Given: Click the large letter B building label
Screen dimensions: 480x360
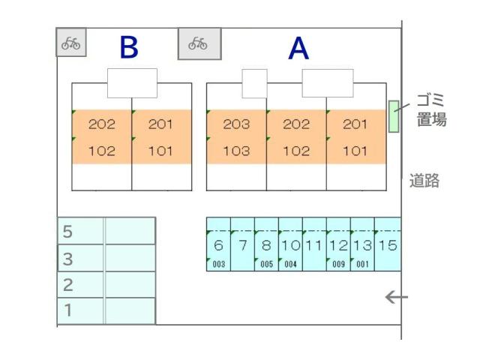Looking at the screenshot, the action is pos(129,47).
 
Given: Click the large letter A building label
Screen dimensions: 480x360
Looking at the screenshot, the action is pos(298,48).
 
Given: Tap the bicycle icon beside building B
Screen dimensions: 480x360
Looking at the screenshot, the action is pos(70,43).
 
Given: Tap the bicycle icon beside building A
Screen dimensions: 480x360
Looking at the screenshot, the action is pos(198,43).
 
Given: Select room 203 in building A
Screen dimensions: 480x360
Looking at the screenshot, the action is pos(236,124).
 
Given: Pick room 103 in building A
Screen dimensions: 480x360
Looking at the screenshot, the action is pos(236,151).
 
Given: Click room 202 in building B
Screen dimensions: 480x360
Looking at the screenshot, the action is pos(102,124).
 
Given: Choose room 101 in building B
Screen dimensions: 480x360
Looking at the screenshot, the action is pos(160,151).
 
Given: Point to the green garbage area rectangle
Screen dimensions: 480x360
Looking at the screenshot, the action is pos(394,116).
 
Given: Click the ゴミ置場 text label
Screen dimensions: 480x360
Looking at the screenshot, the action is pos(431,109).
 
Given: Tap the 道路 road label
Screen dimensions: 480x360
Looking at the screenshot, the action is pos(424,180).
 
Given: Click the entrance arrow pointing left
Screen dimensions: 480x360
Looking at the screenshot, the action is pos(397,297).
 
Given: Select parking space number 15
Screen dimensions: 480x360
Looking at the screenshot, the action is pos(388,245).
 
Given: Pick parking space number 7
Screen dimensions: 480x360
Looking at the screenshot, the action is pos(243,245).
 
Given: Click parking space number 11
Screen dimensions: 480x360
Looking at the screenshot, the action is pos(313,245).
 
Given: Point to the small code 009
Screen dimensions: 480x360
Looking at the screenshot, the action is pos(338,264).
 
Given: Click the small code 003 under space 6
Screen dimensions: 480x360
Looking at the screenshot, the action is pos(218,264).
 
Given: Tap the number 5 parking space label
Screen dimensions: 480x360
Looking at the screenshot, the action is pos(67,232).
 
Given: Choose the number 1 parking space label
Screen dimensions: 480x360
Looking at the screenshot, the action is pos(68,310).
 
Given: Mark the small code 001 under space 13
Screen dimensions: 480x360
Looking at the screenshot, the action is pos(362,264).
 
